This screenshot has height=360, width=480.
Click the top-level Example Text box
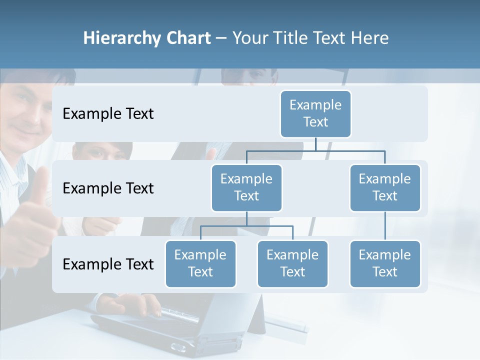click(315, 113)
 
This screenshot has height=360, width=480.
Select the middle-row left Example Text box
click(246, 187)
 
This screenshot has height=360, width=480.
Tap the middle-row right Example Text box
click(385, 187)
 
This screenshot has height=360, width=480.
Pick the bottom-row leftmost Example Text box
click(200, 263)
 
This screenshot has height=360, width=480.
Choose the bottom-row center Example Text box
click(292, 263)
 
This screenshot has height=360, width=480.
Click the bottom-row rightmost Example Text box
click(385, 263)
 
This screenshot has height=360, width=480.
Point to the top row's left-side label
click(108, 114)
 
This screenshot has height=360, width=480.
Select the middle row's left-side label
click(108, 188)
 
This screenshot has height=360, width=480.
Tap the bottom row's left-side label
click(108, 264)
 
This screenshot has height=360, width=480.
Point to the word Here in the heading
click(369, 38)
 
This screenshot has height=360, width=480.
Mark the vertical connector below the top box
click(315, 144)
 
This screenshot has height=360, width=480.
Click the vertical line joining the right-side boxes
click(385, 226)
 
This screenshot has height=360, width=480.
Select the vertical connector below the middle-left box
click(246, 218)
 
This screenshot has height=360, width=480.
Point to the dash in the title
click(221, 38)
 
